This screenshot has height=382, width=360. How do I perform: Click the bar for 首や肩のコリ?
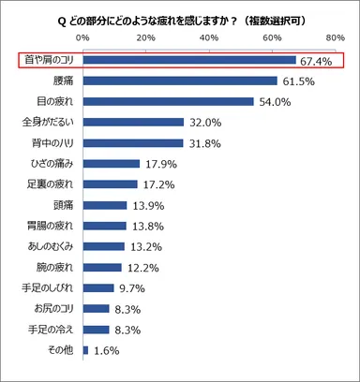[189, 61]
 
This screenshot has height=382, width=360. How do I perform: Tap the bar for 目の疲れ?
[168, 102]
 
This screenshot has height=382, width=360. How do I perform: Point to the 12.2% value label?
[143, 267]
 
